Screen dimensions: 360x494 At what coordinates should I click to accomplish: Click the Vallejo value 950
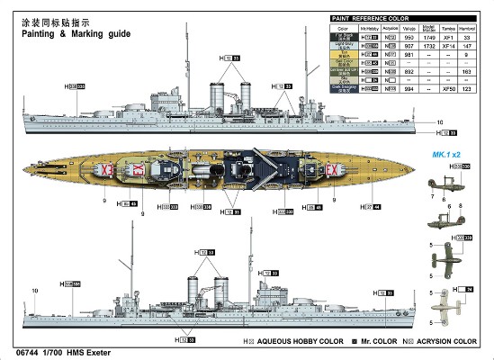point(410,38)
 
